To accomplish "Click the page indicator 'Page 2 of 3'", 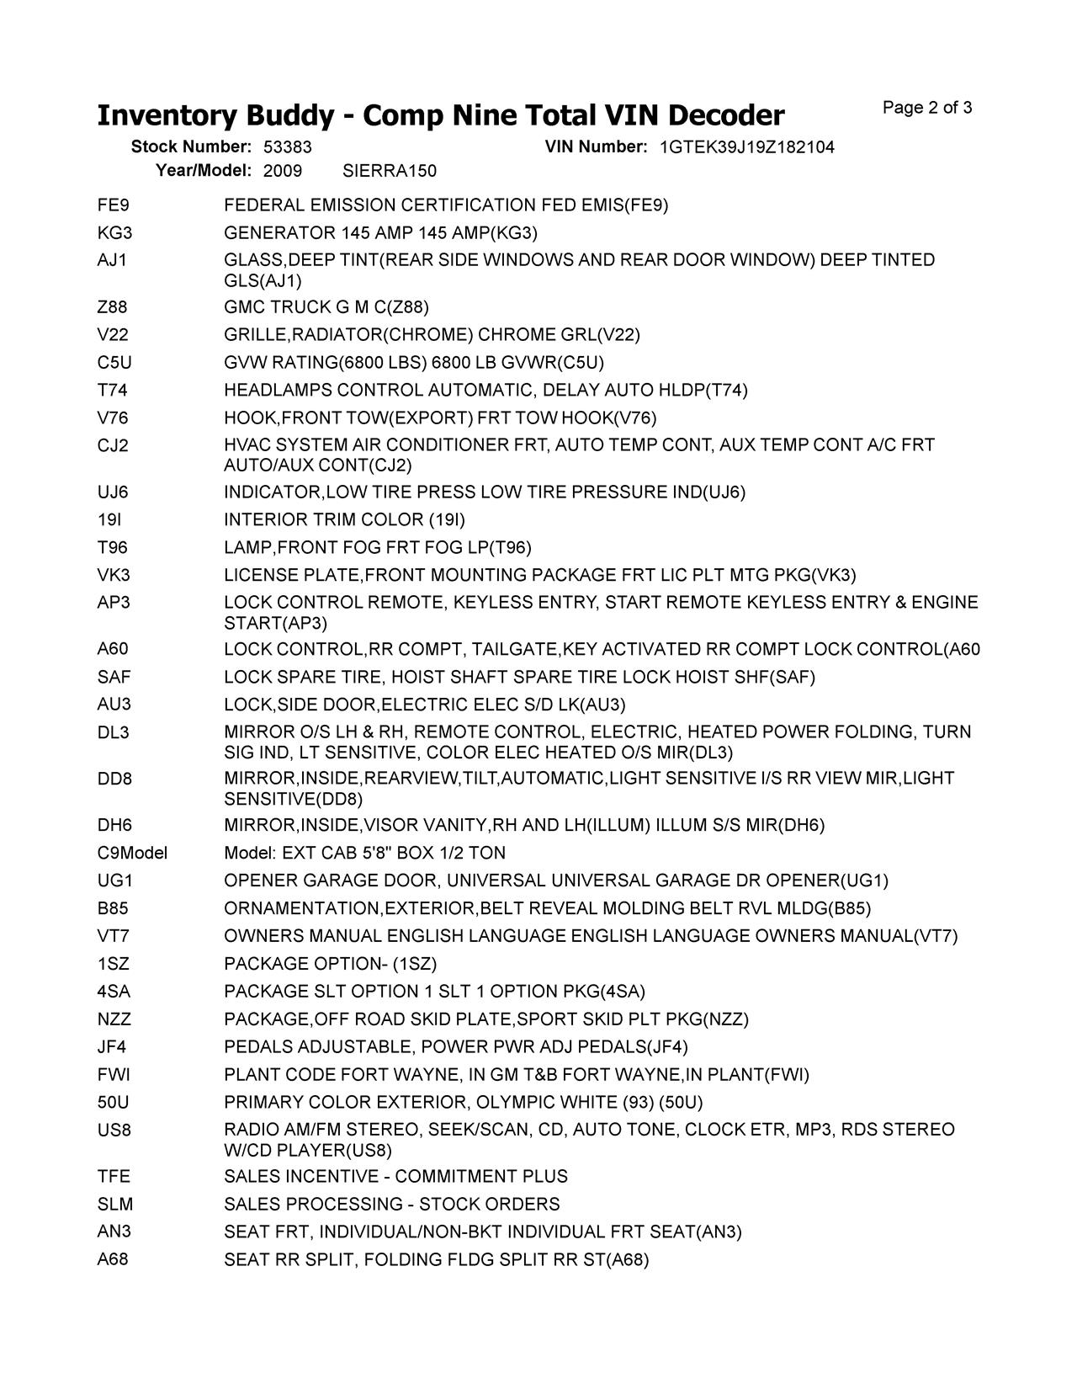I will pyautogui.click(x=927, y=108).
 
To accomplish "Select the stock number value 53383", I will pyautogui.click(x=288, y=147).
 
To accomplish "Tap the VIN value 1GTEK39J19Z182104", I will pyautogui.click(x=747, y=147).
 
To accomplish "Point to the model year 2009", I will pyautogui.click(x=283, y=171).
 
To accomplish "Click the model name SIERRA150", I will pyautogui.click(x=390, y=171).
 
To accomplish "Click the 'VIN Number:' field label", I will pyautogui.click(x=596, y=147).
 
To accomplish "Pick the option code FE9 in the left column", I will pyautogui.click(x=113, y=205).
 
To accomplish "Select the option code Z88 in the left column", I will pyautogui.click(x=113, y=307).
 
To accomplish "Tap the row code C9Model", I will pyautogui.click(x=132, y=853).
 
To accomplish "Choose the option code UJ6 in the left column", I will pyautogui.click(x=113, y=492).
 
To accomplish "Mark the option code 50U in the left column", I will pyautogui.click(x=113, y=1103).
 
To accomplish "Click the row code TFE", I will pyautogui.click(x=114, y=1177).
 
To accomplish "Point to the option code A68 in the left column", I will pyautogui.click(x=113, y=1260).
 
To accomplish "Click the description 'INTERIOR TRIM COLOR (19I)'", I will pyautogui.click(x=344, y=520).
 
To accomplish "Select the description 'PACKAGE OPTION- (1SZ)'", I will pyautogui.click(x=330, y=964).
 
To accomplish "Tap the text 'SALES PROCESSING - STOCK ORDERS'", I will pyautogui.click(x=391, y=1205).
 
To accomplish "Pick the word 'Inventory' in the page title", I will pyautogui.click(x=166, y=115).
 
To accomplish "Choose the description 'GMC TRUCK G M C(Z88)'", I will pyautogui.click(x=326, y=307).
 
